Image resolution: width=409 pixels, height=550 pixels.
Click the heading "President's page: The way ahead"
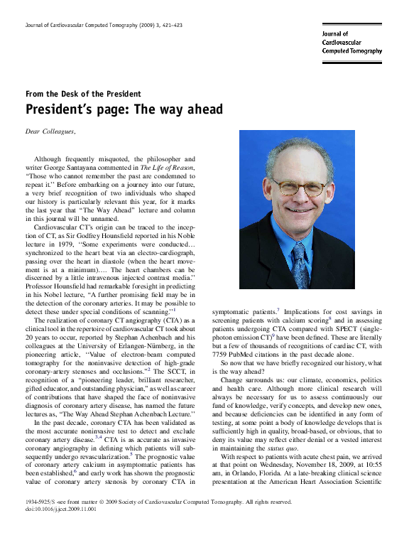(124, 109)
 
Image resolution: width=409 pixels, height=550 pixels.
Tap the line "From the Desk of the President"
(83, 94)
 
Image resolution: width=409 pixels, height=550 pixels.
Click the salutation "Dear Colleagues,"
(50, 131)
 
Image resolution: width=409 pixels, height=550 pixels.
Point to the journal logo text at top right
(351, 43)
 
